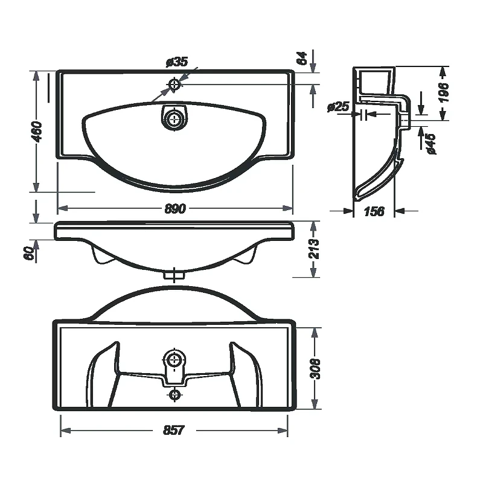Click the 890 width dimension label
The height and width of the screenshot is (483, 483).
pyautogui.click(x=175, y=209)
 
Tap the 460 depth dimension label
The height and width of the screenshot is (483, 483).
pyautogui.click(x=37, y=132)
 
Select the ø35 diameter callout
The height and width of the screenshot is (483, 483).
pyautogui.click(x=177, y=62)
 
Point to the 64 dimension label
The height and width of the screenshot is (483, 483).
pyautogui.click(x=302, y=58)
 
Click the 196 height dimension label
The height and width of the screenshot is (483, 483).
pyautogui.click(x=444, y=92)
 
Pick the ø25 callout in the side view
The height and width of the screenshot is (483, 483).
pyautogui.click(x=338, y=107)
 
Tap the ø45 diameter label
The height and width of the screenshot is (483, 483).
pyautogui.click(x=430, y=144)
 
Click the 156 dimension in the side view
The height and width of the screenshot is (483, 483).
pyautogui.click(x=374, y=212)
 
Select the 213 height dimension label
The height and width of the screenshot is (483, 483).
pyautogui.click(x=314, y=249)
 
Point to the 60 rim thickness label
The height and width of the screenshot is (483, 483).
pyautogui.click(x=28, y=253)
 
